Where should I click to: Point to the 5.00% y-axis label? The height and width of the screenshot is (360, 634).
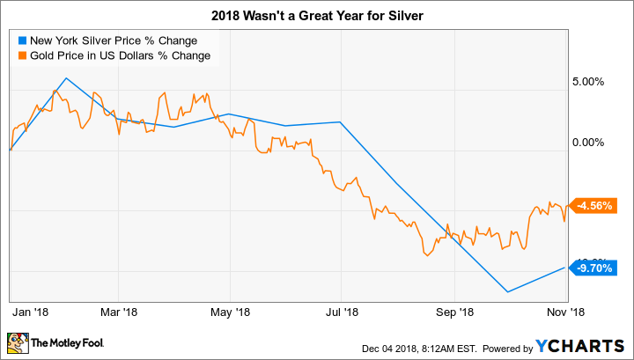586,82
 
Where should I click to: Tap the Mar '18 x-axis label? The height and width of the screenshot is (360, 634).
120,311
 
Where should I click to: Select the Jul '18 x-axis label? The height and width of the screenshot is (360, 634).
341,311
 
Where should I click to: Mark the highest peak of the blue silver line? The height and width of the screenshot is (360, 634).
67,78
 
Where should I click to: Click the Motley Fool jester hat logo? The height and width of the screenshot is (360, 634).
18,341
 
